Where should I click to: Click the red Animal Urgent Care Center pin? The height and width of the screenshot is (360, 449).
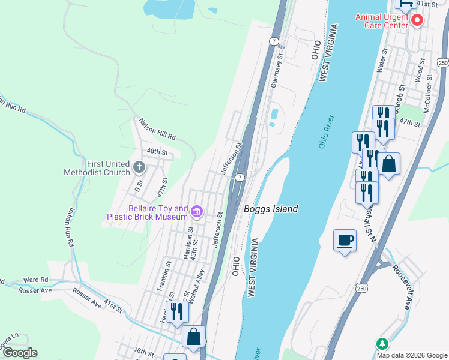pyautogui.click(x=417, y=20)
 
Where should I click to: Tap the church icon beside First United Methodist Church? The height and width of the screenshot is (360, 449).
pyautogui.click(x=139, y=167)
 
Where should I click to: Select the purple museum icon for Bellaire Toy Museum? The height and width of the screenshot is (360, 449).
pyautogui.click(x=196, y=211)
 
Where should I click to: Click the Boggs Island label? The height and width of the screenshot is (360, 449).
pyautogui.click(x=271, y=209)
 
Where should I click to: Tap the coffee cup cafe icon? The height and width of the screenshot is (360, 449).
pyautogui.click(x=345, y=240)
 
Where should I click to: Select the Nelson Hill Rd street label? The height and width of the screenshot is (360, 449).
pyautogui.click(x=157, y=128)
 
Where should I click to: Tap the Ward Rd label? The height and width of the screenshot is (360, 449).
pyautogui.click(x=35, y=280)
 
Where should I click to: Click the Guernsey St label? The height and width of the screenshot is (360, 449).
pyautogui.click(x=277, y=71)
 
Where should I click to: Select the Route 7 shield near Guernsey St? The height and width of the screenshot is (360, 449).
pyautogui.click(x=274, y=41)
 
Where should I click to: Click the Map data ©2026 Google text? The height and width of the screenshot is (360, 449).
pyautogui.click(x=412, y=355)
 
